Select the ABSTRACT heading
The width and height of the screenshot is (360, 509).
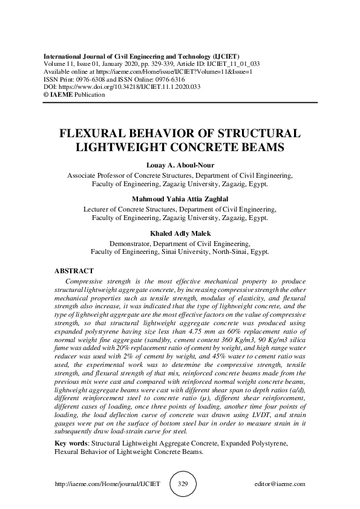[x=74, y=272]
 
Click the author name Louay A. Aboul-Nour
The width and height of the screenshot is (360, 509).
[x=180, y=166]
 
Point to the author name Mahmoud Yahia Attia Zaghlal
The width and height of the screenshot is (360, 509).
[x=180, y=199]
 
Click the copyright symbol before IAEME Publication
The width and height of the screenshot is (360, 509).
[x=46, y=94]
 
